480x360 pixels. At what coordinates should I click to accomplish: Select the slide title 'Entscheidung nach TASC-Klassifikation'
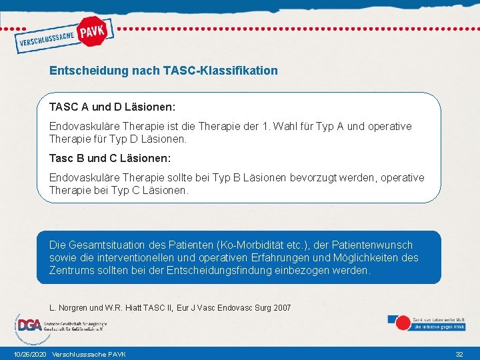click(x=163, y=70)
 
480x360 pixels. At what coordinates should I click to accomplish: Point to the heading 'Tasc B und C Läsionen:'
click(x=110, y=159)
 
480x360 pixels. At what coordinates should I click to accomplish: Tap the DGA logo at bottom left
click(x=29, y=325)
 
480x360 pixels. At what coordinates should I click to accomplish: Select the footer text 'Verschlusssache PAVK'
click(x=89, y=354)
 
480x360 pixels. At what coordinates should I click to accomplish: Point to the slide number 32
click(x=459, y=354)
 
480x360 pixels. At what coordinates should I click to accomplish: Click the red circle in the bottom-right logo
click(x=403, y=323)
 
